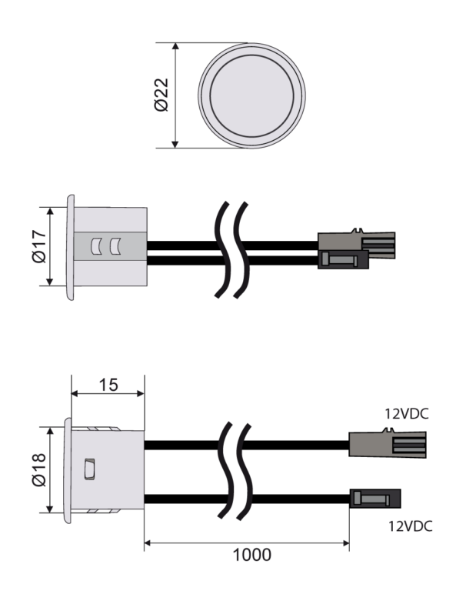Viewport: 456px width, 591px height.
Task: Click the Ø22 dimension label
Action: tap(161, 95)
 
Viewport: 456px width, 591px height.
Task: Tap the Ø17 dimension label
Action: tap(38, 246)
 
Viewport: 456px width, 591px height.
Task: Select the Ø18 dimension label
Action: tap(38, 470)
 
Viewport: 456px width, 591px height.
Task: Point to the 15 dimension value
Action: tap(108, 385)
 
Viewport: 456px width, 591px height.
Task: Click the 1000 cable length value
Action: tap(252, 555)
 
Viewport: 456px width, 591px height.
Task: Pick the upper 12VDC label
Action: tap(406, 414)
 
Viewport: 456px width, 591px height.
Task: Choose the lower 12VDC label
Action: tap(410, 526)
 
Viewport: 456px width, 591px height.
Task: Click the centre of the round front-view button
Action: tap(251, 95)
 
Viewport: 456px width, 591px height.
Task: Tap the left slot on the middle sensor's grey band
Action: tap(96, 246)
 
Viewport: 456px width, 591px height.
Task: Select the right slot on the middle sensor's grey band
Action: tap(115, 246)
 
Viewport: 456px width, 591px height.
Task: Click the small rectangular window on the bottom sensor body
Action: tap(90, 469)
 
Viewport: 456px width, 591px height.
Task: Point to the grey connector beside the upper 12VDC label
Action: tap(388, 444)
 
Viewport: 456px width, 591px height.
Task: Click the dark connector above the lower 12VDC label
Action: tap(375, 499)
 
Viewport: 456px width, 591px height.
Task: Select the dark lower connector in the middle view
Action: tap(343, 259)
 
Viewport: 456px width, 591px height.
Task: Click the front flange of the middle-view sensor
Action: tap(71, 247)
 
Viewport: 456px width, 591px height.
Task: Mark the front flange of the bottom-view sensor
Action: tap(68, 470)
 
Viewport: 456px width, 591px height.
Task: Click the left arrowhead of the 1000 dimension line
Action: tap(148, 543)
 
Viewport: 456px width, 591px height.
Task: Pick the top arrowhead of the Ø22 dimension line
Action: tap(175, 46)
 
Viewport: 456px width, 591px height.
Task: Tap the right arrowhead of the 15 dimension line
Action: tap(141, 393)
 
